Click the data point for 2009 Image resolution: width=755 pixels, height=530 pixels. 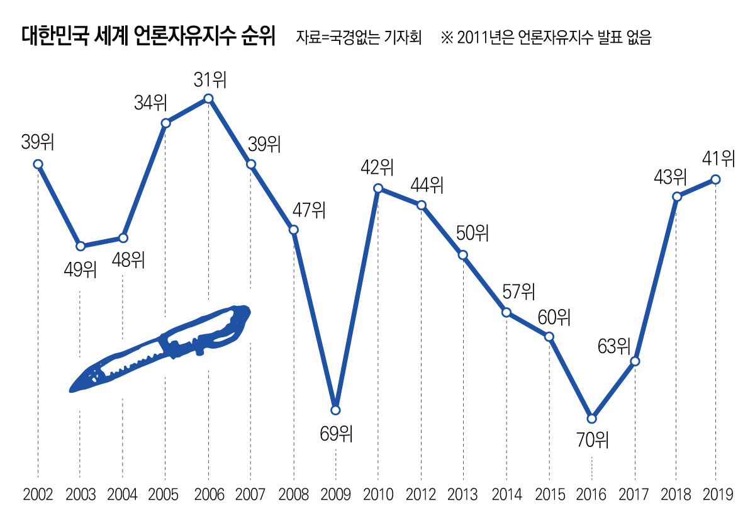point(335,410)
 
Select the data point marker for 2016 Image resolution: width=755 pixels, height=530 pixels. point(591,418)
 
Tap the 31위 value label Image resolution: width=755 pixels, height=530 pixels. point(209,81)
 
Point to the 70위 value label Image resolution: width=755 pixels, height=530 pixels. point(593,439)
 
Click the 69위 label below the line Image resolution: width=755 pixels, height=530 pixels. point(336,433)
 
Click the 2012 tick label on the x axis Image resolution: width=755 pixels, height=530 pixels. point(421,495)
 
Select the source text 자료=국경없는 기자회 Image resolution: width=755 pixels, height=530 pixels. point(359,38)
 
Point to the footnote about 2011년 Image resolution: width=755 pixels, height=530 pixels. point(545,38)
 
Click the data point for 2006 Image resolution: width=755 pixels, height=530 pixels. point(208,98)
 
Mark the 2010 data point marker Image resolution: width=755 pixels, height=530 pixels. point(378,188)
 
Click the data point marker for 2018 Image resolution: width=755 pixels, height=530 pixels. point(677,196)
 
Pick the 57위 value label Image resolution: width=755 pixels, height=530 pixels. point(518,291)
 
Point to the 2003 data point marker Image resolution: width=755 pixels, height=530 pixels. point(80,245)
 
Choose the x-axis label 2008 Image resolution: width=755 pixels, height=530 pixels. point(293,495)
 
